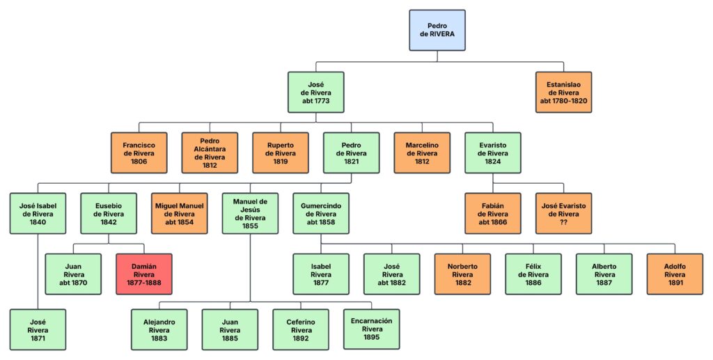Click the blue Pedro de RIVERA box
point(437,30)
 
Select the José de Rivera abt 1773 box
point(316,92)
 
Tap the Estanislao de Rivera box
point(563,92)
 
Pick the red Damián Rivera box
point(144,274)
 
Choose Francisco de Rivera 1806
point(139,152)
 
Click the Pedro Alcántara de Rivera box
point(210,152)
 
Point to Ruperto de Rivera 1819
point(281,152)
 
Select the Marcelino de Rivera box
point(422,152)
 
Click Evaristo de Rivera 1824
point(492,152)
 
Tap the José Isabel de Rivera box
point(38,213)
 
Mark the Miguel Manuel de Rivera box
point(180,213)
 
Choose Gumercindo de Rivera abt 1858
point(320,213)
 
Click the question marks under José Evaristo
point(563,222)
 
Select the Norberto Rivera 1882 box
point(463,274)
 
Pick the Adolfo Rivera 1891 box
point(675,274)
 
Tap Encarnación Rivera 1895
point(372,329)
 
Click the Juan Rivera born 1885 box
point(230,329)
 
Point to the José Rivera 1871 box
point(38,329)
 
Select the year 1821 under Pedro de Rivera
point(351,162)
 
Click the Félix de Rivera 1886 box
point(533,274)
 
